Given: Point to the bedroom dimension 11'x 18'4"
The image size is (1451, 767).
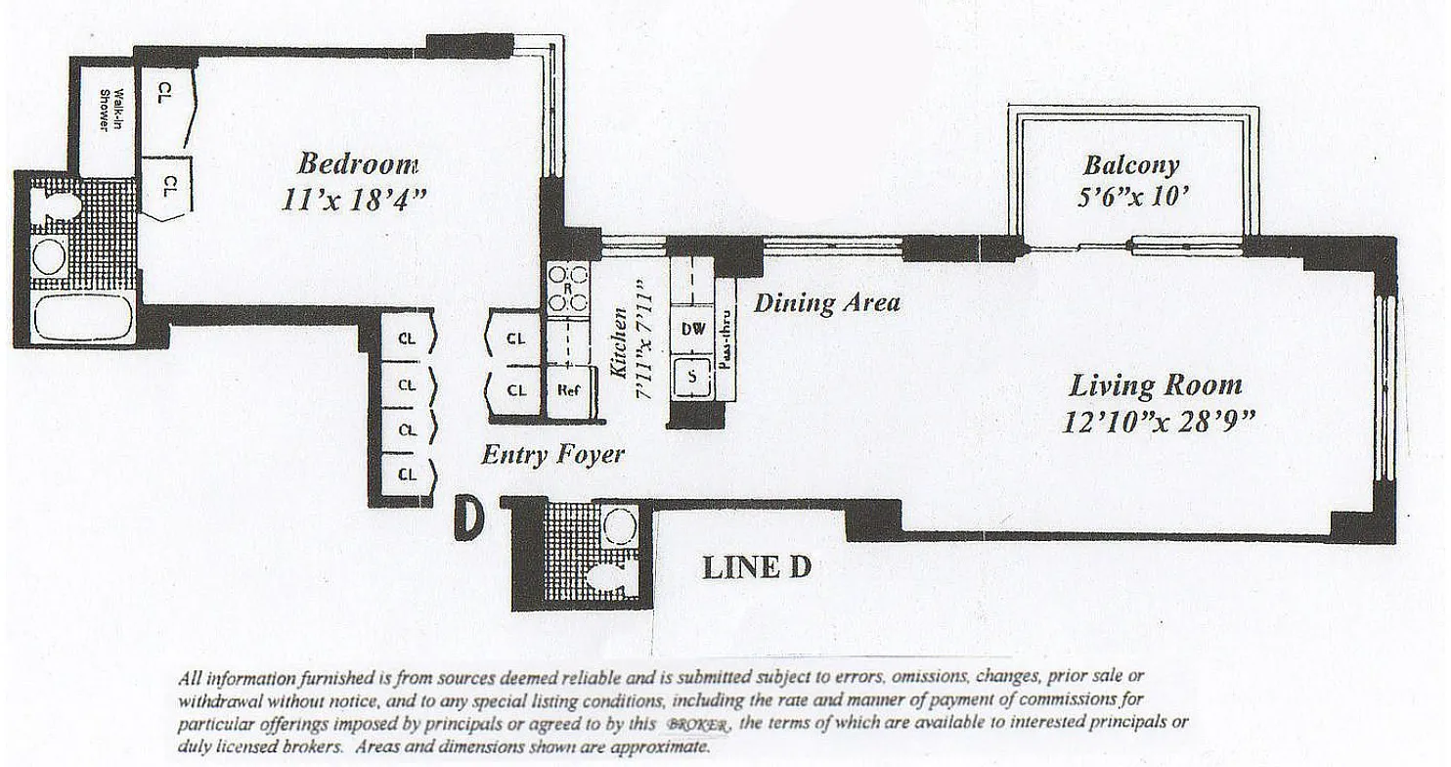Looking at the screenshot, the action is coord(354,199).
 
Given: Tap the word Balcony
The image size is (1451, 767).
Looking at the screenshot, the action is coord(1130,165).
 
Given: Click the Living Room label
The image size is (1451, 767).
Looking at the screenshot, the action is coord(1156,384).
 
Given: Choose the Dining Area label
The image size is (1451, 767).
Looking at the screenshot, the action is coord(826,302).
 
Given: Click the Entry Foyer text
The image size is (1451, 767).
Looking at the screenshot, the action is coord(552,454).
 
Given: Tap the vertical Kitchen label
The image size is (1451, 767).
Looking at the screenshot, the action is coord(619,341).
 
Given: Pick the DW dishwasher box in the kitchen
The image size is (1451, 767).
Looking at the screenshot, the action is coord(692,331).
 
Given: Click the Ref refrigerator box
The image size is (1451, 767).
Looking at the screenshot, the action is coord(569,389).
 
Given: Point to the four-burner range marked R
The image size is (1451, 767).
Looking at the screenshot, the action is coord(567,289).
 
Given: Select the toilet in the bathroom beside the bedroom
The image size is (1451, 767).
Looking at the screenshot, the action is coord(59,207).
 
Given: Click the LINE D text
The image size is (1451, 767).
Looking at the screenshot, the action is coord(756,567).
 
